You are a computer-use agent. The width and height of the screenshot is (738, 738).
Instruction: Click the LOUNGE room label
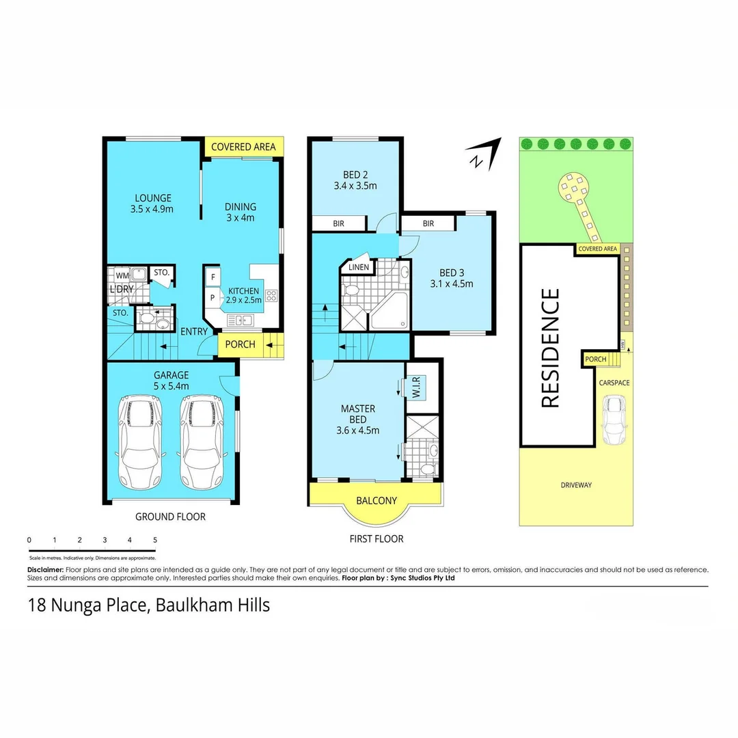pyautogui.click(x=152, y=198)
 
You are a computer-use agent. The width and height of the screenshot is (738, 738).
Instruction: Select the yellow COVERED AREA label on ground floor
pyautogui.click(x=243, y=147)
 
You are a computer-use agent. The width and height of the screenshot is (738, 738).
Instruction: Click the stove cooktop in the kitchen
pyautogui.click(x=271, y=296)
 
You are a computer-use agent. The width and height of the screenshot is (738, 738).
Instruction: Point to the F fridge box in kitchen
pyautogui.click(x=213, y=277)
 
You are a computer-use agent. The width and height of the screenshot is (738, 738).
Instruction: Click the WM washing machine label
pyautogui.click(x=121, y=275)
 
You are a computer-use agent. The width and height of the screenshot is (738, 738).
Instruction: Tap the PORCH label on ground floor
pyautogui.click(x=240, y=344)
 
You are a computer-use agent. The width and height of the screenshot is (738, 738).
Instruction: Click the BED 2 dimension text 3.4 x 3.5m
pyautogui.click(x=355, y=185)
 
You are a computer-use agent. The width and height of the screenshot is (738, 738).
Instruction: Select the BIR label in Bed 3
pyautogui.click(x=428, y=223)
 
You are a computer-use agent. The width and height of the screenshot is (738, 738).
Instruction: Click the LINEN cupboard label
pyautogui.click(x=358, y=267)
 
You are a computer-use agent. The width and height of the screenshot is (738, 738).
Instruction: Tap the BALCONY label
pyautogui.click(x=377, y=501)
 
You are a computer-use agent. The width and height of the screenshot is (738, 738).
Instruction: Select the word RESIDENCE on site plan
pyautogui.click(x=551, y=348)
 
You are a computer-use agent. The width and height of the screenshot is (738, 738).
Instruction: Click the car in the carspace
pyautogui.click(x=614, y=420)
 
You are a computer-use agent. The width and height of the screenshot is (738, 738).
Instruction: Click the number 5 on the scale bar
pyautogui.click(x=155, y=540)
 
